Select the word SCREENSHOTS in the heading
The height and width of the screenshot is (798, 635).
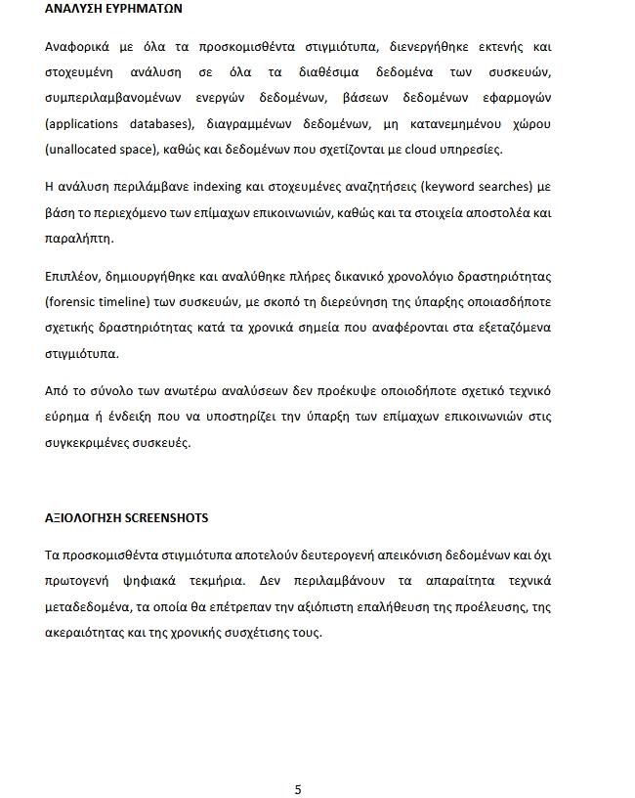pyautogui.click(x=166, y=517)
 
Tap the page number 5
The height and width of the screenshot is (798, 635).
pyautogui.click(x=298, y=789)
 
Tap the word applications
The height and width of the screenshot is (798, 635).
pyautogui.click(x=85, y=124)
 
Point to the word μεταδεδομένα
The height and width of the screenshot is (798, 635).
pyautogui.click(x=89, y=607)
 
